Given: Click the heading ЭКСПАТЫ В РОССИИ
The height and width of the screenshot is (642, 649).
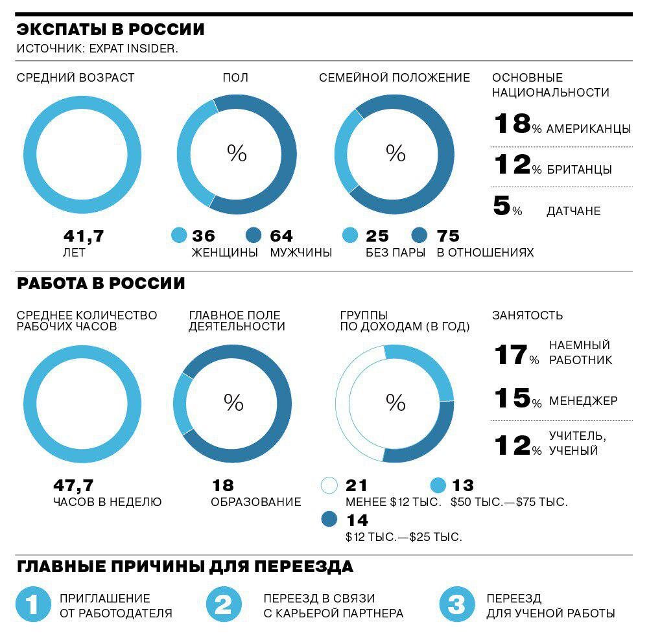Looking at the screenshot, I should pos(110,30).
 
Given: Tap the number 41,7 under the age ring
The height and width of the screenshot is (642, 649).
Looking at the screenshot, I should pos(84,236).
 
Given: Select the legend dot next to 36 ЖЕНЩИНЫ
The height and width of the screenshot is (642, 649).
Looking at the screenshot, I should pos(179,236).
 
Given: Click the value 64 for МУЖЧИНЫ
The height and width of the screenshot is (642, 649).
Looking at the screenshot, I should pos(281,236).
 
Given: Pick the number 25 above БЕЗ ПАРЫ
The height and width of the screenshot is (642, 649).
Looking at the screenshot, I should pos(377,236).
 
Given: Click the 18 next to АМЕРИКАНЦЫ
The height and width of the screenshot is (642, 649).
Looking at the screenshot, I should pos(512,124).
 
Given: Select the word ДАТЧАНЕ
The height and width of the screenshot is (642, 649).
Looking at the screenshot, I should pos(573,211).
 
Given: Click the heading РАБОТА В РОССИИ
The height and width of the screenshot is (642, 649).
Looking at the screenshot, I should pos(101,284).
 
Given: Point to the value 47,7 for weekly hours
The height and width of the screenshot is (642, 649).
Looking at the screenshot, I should pos(73,485).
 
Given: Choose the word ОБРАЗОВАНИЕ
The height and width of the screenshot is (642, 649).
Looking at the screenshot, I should pos(256,502).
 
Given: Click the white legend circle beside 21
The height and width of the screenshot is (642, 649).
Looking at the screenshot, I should pos(329,485).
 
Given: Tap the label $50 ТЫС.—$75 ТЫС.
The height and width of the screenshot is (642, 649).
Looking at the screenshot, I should pos(509,502).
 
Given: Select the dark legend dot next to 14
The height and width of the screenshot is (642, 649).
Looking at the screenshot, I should pos(329,520).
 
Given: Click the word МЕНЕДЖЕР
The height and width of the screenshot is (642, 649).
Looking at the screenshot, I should pos(584,401).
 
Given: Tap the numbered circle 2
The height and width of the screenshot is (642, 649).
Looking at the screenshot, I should pos(223,605).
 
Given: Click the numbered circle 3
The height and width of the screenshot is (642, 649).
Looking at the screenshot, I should pos(456,605).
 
